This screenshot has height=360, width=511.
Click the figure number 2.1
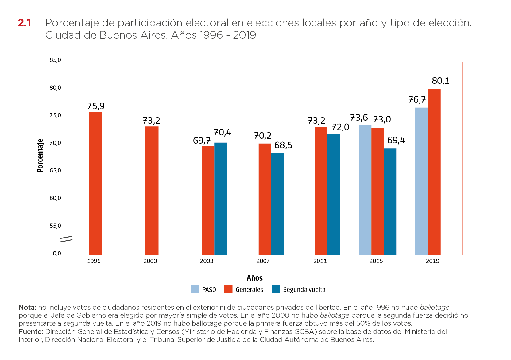[24, 23]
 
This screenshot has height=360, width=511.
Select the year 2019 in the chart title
[244, 35]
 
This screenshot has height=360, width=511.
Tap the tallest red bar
[434, 172]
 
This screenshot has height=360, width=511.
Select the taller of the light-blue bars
[421, 181]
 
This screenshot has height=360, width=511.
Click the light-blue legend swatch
[195, 289]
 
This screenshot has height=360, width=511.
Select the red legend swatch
[228, 289]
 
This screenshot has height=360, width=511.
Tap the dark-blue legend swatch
[276, 289]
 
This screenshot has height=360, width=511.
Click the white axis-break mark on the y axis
[66, 239]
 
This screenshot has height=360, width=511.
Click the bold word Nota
[27, 307]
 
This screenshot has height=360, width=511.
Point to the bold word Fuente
[31, 331]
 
